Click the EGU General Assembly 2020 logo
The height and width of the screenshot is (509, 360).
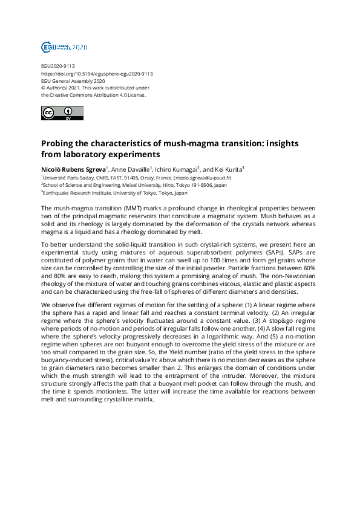tap(64, 47)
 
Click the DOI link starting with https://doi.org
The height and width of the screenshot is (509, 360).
tap(97, 74)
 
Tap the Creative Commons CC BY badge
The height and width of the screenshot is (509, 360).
tap(59, 113)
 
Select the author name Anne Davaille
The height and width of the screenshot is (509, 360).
tap(130, 169)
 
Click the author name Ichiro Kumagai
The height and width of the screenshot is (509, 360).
tap(176, 169)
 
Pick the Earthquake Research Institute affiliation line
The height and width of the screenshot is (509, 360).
tap(116, 193)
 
